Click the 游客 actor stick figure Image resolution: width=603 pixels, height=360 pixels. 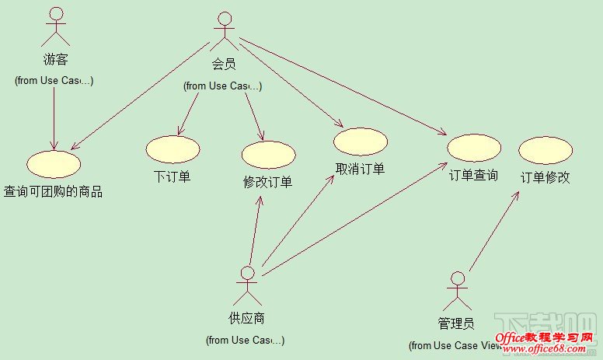[56, 26]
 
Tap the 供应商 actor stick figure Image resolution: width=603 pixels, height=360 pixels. [247, 286]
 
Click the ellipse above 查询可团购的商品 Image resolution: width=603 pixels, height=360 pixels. [54, 163]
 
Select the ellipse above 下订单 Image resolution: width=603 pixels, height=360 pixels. [172, 149]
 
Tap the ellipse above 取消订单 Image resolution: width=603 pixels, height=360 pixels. [361, 142]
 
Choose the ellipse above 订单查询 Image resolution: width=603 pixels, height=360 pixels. [474, 148]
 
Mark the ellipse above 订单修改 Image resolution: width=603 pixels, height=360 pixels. [545, 149]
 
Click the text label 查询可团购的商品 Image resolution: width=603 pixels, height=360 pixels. [54, 191]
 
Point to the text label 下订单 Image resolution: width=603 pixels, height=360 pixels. [172, 177]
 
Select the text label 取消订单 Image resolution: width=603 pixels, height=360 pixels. [360, 169]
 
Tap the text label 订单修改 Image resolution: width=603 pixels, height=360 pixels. [545, 177]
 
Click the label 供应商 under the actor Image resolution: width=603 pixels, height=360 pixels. [247, 318]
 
